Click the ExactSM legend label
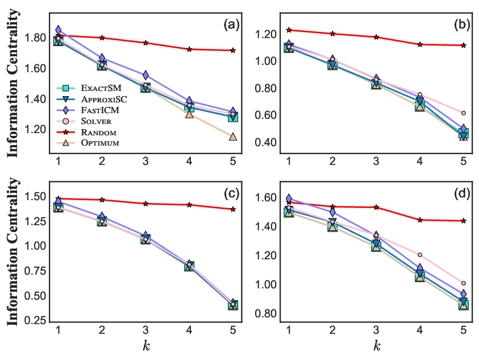pyautogui.click(x=101, y=88)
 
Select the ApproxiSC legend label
pyautogui.click(x=104, y=99)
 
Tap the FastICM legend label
pyautogui.click(x=100, y=110)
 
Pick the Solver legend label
pyautogui.click(x=96, y=121)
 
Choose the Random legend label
pyautogui.click(x=98, y=132)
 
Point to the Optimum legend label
pyautogui.click(x=100, y=143)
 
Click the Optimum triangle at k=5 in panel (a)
pyautogui.click(x=233, y=136)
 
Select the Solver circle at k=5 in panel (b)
pyautogui.click(x=464, y=113)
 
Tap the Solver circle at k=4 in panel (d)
pyautogui.click(x=420, y=255)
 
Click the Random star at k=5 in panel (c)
pyautogui.click(x=233, y=209)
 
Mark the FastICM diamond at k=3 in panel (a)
pyautogui.click(x=145, y=75)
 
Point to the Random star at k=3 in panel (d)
pyautogui.click(x=376, y=208)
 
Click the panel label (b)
pyautogui.click(x=462, y=24)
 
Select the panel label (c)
pyautogui.click(x=232, y=193)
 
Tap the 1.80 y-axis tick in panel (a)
pyautogui.click(x=35, y=38)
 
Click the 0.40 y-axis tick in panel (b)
pyautogui.click(x=265, y=142)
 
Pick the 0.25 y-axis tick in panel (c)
pyautogui.click(x=35, y=321)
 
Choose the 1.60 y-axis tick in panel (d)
pyautogui.click(x=265, y=197)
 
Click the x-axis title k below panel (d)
pyautogui.click(x=377, y=346)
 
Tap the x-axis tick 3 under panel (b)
pyautogui.click(x=376, y=161)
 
